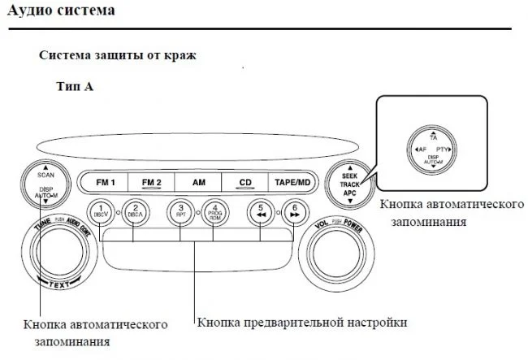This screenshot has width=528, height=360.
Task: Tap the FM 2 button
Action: tap(152, 183)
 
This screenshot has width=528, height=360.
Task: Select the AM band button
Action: tap(199, 183)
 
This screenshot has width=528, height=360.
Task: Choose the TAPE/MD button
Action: tap(292, 183)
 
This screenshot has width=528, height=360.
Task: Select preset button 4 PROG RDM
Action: tap(215, 212)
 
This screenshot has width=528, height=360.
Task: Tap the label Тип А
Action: tap(75, 85)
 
